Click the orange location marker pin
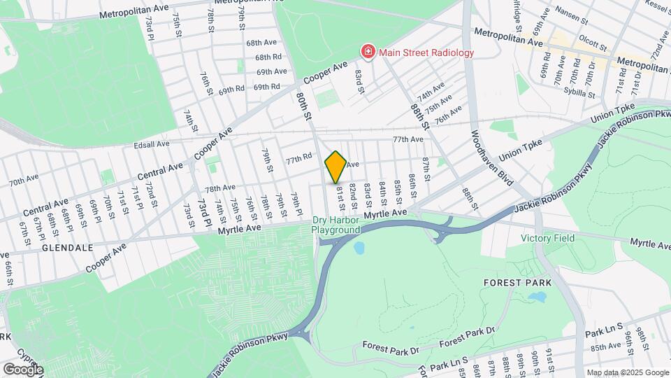pos(335,167)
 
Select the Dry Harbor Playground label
pos(335,225)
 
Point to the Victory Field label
pos(547,238)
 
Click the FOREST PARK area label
pos(517,283)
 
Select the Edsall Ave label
pos(152,144)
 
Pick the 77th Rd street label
pos(297,160)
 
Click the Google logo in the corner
pos(22,369)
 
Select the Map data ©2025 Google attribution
pos(628,372)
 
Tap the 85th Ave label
pos(606,346)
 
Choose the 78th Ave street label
pos(219,188)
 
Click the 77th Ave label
pos(407,139)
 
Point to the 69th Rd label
pos(231,90)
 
